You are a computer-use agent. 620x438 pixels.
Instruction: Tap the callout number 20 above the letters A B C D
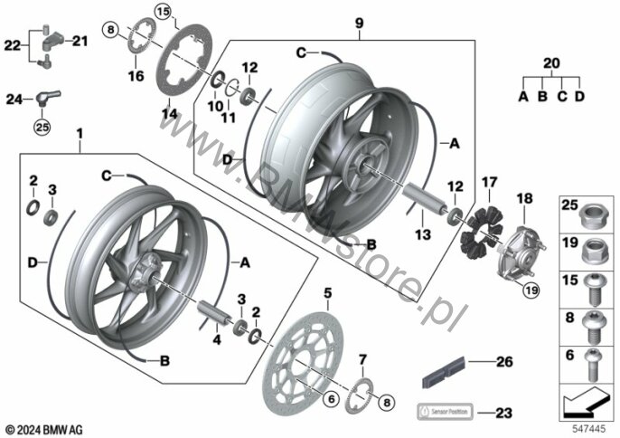point(551,63)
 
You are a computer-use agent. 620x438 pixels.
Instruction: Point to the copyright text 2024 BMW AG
point(43,427)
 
